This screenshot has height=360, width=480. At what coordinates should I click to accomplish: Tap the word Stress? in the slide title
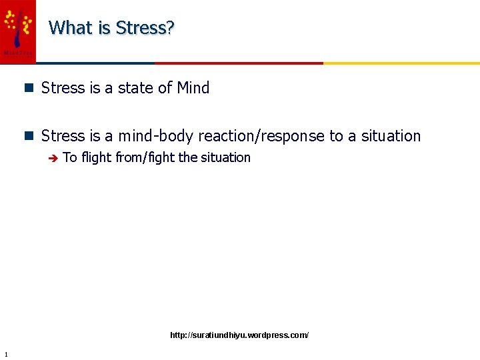pos(145,28)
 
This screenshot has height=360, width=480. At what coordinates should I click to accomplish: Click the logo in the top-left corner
pos(18,31)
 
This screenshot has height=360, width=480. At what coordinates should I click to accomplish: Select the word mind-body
pos(155,136)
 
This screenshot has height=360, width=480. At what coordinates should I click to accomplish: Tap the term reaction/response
pos(261,136)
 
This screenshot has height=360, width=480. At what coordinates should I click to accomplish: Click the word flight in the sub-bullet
pos(96,158)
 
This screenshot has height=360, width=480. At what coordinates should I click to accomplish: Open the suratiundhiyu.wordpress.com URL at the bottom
pos(239,335)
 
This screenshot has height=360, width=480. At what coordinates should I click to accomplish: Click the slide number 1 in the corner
pos(5,354)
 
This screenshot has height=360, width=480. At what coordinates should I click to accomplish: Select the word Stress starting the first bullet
pos(63,88)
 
